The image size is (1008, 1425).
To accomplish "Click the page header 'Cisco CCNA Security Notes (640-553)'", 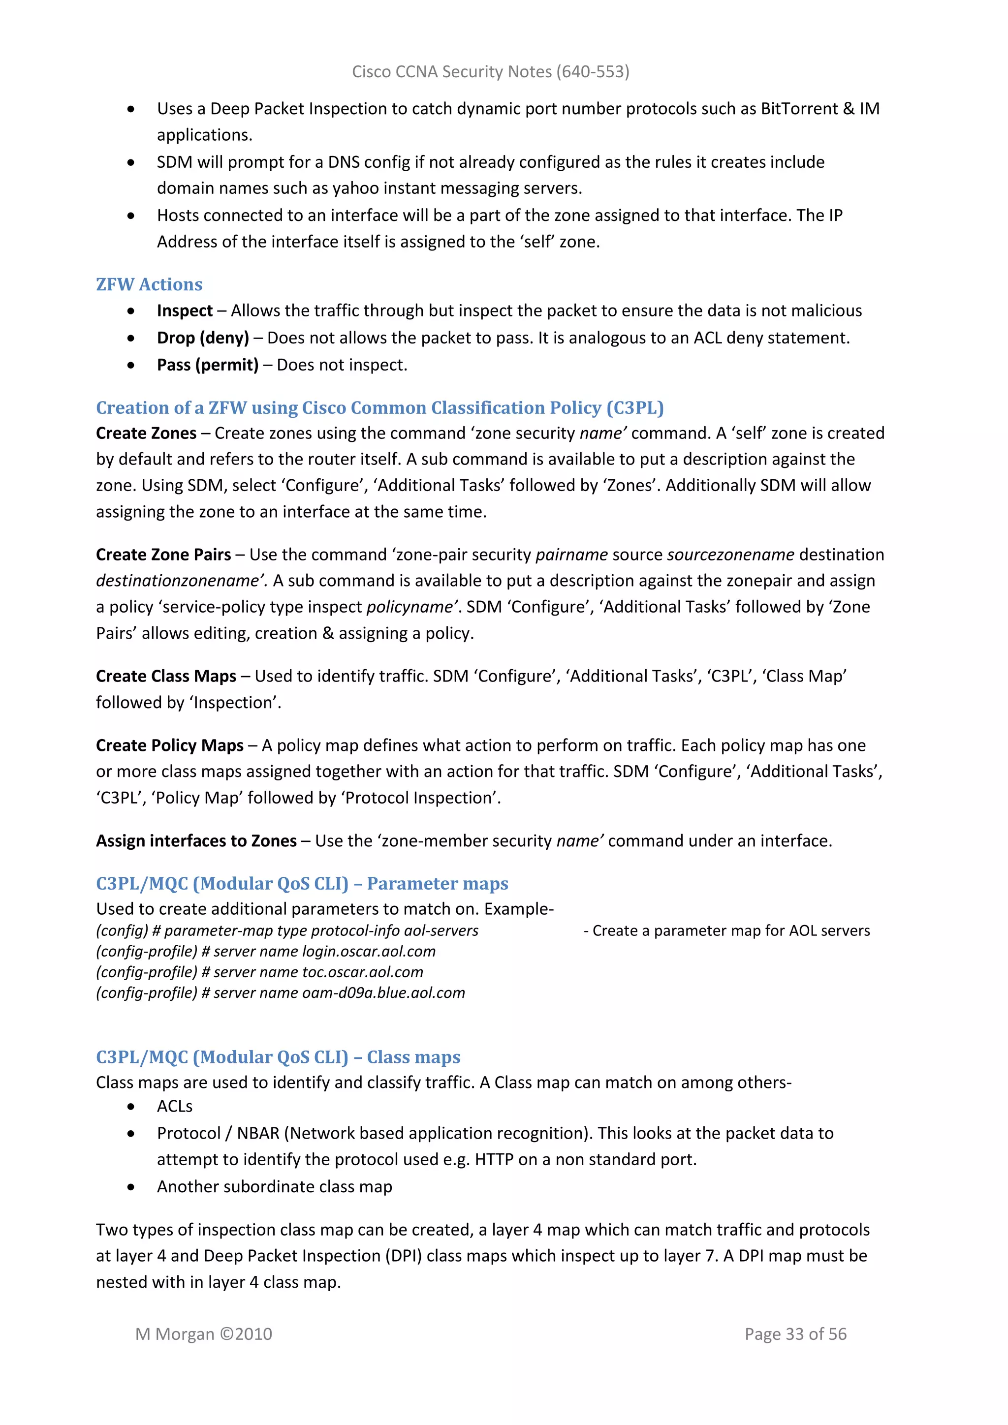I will point(490,72).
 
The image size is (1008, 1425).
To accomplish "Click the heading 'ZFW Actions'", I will point(149,284).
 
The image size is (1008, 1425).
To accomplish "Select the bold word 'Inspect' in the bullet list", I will point(185,310).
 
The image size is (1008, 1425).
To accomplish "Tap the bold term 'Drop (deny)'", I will point(202,338).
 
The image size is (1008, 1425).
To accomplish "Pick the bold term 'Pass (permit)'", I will point(207,365).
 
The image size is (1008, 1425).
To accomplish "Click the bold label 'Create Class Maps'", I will point(166,676).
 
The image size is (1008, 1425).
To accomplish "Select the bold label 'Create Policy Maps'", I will point(169,745).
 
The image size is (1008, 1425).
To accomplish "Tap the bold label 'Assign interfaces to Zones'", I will point(196,841).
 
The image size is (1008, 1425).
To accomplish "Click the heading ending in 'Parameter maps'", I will point(302,883).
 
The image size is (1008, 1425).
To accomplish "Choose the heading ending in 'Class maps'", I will point(278,1057).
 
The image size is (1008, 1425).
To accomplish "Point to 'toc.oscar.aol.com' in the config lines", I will point(362,972).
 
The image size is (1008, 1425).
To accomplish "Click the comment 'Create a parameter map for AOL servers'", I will point(730,931).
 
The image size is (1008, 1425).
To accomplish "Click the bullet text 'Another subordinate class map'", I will point(274,1187).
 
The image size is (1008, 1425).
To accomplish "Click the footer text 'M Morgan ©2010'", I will point(204,1334).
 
